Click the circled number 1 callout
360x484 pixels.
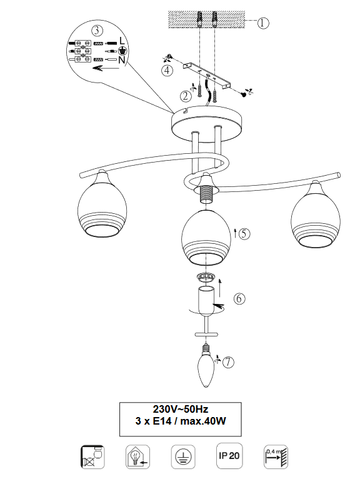coord(263,23)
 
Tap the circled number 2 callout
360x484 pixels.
coord(186,96)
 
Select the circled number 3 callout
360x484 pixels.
coord(97,31)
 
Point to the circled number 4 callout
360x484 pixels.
coord(167,71)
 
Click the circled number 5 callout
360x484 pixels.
coord(244,234)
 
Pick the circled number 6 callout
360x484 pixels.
coord(239,298)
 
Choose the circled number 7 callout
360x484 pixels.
coord(228,362)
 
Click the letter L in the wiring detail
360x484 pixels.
coord(122,41)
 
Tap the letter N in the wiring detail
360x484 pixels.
coord(122,60)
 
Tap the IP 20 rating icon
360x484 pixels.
coord(229,456)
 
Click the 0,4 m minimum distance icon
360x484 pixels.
coord(276,457)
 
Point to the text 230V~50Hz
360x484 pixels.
coord(181,410)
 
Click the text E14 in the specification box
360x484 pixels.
coord(162,421)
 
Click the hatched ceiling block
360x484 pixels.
coord(206,19)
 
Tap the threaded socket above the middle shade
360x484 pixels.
coord(206,194)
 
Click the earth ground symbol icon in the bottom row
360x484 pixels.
coord(183,457)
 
